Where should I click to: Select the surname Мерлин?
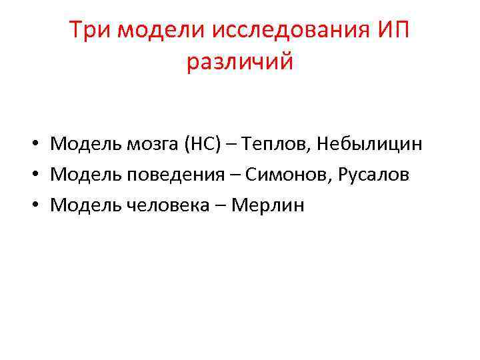tap(267, 205)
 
